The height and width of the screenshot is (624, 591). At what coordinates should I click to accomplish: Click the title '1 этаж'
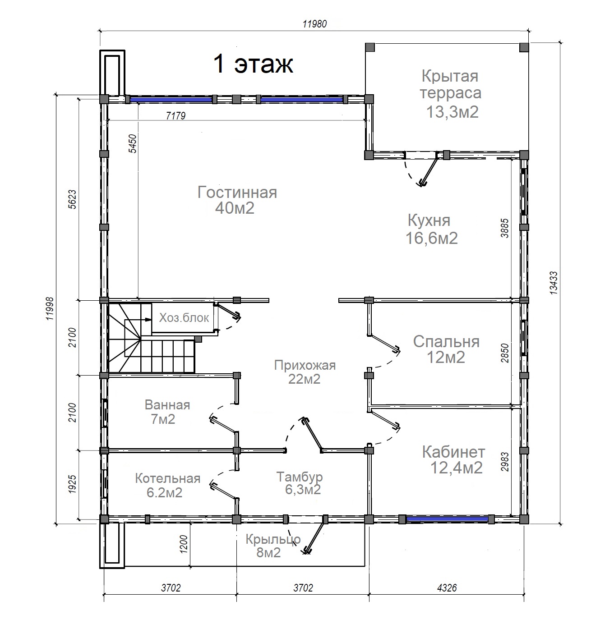click(253, 64)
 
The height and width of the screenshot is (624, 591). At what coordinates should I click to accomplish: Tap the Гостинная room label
click(237, 200)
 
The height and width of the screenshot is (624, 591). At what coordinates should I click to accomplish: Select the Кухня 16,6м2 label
click(432, 229)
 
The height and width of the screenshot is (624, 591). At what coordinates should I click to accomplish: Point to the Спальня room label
click(446, 349)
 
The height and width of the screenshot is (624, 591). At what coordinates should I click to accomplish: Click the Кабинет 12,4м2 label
click(454, 459)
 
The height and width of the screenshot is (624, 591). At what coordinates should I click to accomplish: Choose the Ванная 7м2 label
click(167, 412)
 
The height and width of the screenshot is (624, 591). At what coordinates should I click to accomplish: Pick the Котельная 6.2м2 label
click(168, 485)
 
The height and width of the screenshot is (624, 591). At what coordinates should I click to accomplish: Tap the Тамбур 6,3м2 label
click(300, 483)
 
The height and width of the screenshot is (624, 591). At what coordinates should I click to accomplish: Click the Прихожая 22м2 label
click(305, 372)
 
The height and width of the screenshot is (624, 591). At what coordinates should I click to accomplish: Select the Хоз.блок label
click(184, 317)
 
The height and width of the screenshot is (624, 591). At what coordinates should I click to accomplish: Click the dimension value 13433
click(553, 283)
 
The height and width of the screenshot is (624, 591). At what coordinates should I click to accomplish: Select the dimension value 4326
click(447, 588)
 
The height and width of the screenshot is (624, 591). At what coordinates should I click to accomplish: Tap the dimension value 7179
click(175, 115)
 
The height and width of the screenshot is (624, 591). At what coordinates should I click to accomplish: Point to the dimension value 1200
click(184, 545)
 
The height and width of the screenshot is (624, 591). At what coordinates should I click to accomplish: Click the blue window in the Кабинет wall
click(447, 519)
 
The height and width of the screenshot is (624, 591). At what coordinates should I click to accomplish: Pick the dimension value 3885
click(504, 228)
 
